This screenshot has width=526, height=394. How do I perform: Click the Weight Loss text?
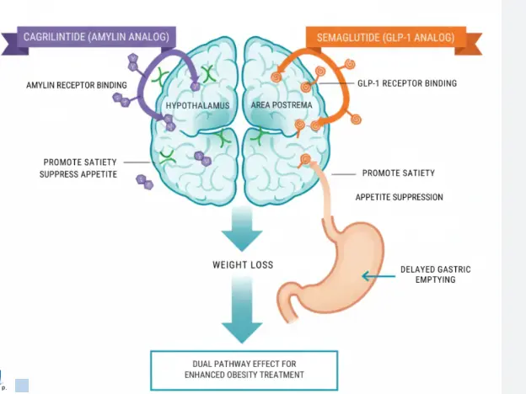click(x=243, y=264)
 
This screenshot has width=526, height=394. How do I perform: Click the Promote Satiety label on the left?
click(x=78, y=161)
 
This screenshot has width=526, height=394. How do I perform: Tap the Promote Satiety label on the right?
click(x=399, y=173)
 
